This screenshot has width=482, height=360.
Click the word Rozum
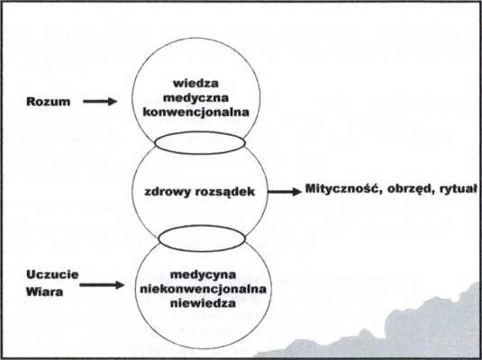click(x=49, y=102)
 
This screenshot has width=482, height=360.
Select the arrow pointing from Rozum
click(x=100, y=102)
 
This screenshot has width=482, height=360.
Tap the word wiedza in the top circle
click(x=196, y=83)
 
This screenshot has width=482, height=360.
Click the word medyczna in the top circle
click(x=196, y=98)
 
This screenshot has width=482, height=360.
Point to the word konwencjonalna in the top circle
click(x=196, y=112)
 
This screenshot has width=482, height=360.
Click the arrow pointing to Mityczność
click(x=285, y=192)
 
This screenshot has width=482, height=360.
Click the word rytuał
click(x=458, y=189)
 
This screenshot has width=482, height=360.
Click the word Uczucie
click(x=52, y=274)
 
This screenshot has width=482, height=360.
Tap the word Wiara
click(x=44, y=292)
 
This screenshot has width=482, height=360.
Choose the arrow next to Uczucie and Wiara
click(x=102, y=284)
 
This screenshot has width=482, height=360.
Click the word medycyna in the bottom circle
click(x=203, y=274)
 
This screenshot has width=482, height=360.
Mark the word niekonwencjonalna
click(x=203, y=289)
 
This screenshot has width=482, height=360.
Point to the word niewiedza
click(x=203, y=303)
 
